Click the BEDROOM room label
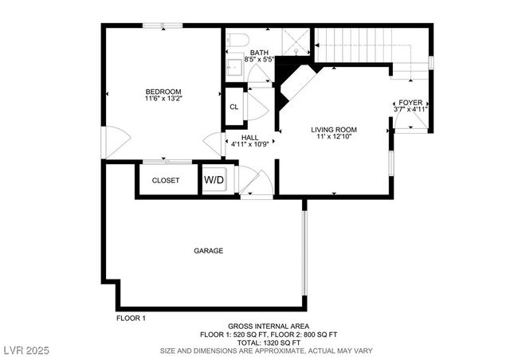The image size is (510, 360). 163,91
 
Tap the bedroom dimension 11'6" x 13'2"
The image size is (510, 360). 163,99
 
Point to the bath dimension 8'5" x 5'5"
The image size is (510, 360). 258,58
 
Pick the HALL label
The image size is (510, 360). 249,137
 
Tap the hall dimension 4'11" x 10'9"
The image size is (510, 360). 250,145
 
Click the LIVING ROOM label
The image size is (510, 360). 333,129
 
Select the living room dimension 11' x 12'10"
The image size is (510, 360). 333,137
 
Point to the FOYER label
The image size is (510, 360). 410,102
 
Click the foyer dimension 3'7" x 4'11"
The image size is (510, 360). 410,109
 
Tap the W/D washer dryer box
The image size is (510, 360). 214,180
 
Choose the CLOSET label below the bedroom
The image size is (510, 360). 166,180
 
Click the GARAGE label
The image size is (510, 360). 208,251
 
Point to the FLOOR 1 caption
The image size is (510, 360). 131,318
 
